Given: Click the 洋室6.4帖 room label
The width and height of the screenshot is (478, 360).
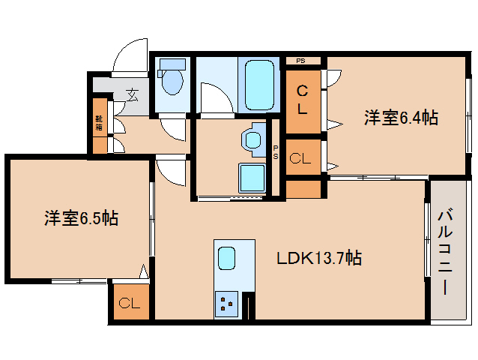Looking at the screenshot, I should pos(401,118).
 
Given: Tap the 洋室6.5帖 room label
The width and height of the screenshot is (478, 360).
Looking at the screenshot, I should pos(80,219).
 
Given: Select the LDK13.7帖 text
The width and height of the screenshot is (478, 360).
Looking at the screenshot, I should pos(319,259).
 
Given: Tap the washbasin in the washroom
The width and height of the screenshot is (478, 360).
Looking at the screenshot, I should pos(253,139).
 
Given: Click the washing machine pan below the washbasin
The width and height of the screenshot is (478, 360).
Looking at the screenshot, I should pos(252,178).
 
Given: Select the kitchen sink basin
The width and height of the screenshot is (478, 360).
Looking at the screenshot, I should pos(227,259).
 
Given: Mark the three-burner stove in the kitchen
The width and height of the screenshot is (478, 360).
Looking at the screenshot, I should pos(227,304).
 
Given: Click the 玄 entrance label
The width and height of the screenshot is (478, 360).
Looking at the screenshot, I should pos(133,95).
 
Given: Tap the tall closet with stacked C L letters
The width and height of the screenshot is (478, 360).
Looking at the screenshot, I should pos(303,100).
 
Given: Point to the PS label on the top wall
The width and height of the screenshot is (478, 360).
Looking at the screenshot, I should pos(301,61).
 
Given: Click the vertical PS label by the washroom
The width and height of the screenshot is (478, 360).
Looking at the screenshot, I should pos(276,152).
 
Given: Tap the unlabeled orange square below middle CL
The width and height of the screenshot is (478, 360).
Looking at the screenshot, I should pos(303,189).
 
